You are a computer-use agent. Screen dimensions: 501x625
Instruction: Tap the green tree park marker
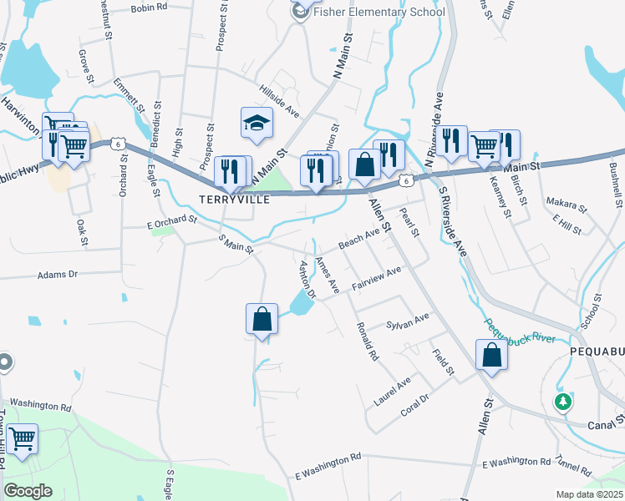click(x=564, y=402)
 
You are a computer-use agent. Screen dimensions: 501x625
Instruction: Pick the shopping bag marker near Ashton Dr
click(x=262, y=319)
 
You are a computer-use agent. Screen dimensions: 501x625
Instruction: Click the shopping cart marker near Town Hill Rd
click(x=21, y=438)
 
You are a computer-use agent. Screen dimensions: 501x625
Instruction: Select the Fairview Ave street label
click(x=377, y=277)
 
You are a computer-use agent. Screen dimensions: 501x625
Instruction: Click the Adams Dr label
click(x=57, y=274)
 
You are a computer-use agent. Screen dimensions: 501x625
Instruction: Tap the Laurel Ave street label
click(x=393, y=390)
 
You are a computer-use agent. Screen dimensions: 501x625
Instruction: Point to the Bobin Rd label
click(x=150, y=7)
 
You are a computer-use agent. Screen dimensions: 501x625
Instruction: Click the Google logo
click(x=28, y=491)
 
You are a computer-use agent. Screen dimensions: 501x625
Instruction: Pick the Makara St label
click(x=561, y=203)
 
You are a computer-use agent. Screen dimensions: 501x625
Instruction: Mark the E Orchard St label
click(x=170, y=222)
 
